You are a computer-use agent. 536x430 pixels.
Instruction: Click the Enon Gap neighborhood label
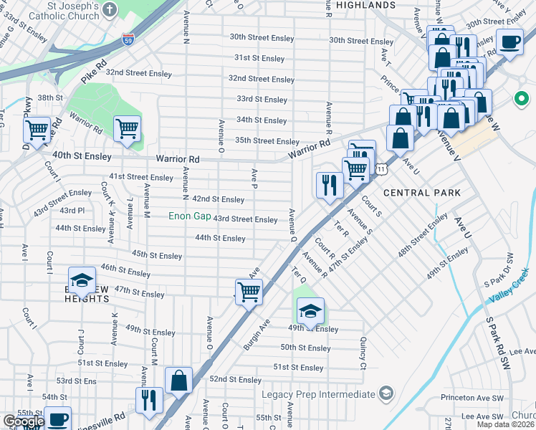pos(189,216)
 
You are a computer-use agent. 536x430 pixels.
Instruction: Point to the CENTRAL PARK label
pos(422,193)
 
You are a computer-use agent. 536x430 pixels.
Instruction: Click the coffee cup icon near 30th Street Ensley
pos(509,42)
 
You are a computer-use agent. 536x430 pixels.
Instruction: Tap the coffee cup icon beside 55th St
pos(57,419)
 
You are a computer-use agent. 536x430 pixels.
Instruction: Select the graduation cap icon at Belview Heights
pos(82,279)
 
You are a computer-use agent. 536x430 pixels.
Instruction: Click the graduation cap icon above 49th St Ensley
pos(310,310)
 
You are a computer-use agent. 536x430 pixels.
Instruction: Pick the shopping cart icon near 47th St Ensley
pos(248,291)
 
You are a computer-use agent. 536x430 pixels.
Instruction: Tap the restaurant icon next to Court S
pos(330,185)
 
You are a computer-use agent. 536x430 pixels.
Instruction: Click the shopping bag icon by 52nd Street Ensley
pos(178,380)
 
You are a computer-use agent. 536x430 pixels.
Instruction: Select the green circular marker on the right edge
pos(520,99)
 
